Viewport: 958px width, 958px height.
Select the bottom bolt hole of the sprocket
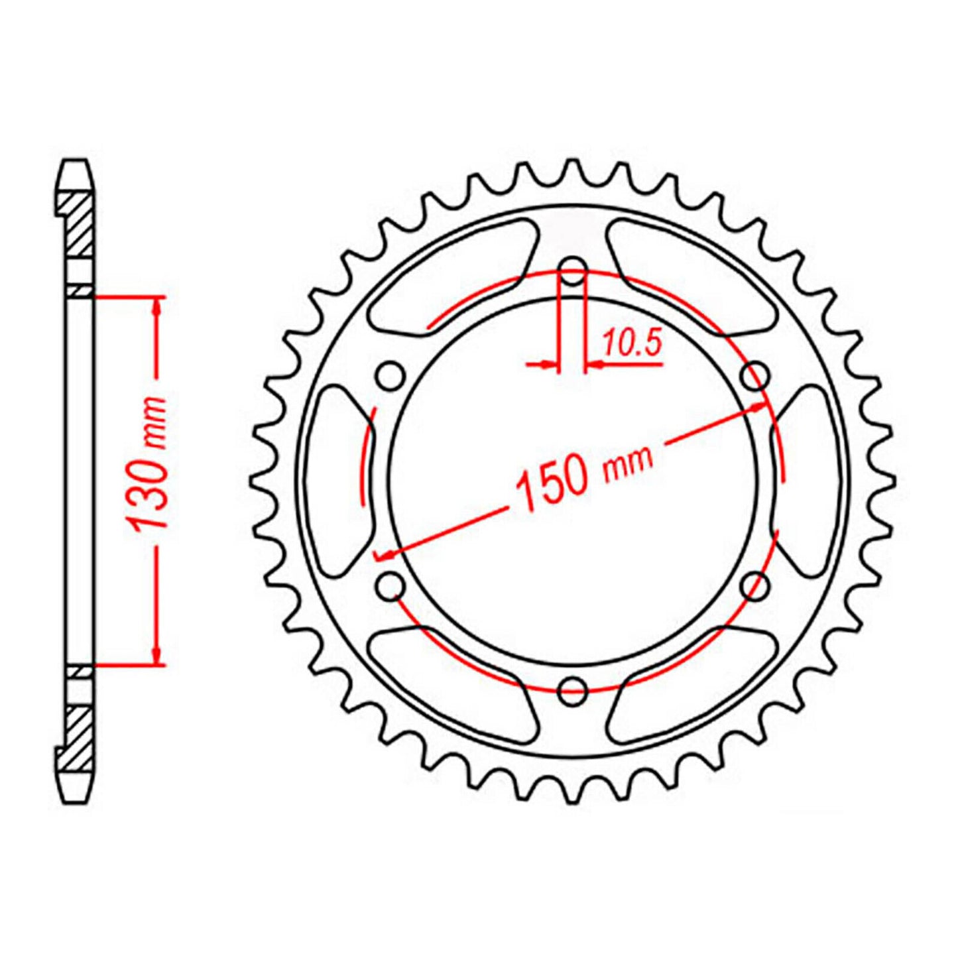(x=573, y=690)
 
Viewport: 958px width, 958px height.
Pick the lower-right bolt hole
(x=756, y=585)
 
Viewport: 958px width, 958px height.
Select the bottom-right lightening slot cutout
(x=693, y=686)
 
